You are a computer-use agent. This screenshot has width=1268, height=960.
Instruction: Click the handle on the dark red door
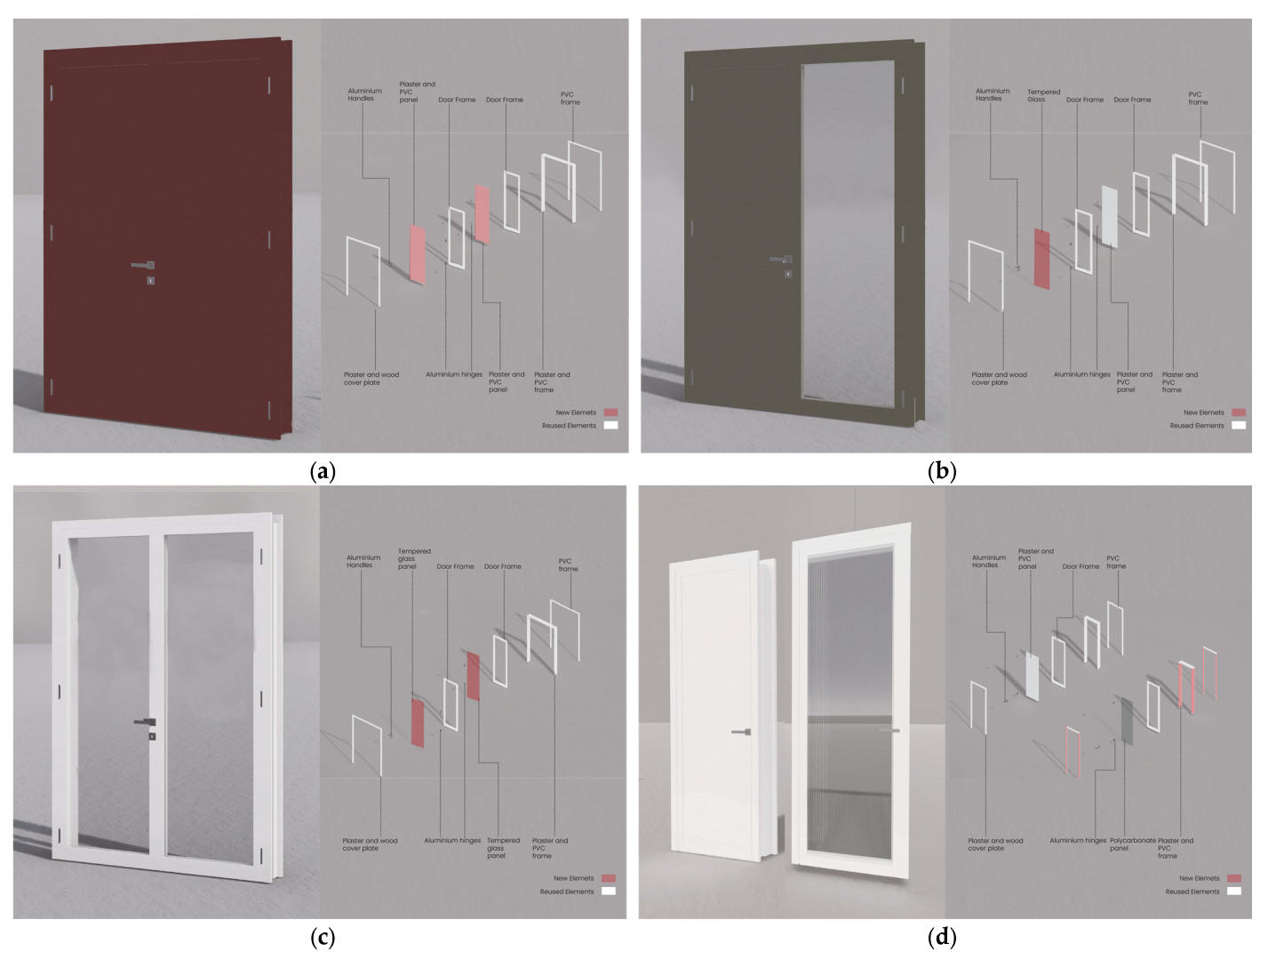(143, 265)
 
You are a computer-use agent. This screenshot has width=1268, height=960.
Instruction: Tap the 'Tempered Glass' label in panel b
(1043, 95)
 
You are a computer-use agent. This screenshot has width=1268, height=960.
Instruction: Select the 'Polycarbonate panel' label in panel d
(1132, 844)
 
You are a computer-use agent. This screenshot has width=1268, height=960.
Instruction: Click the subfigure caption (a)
(322, 471)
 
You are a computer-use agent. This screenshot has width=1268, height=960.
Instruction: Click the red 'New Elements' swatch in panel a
(610, 412)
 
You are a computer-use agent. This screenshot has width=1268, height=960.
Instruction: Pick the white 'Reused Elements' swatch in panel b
(1238, 426)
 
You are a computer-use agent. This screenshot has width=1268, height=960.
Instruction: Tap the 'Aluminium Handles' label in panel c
(363, 561)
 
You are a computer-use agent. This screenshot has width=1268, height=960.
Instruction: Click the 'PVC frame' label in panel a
(570, 98)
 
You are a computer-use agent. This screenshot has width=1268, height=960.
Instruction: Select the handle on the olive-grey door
(781, 260)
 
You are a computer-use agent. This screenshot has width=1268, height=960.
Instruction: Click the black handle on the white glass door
(146, 722)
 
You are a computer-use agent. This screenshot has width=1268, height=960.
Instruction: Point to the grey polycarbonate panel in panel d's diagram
(1127, 721)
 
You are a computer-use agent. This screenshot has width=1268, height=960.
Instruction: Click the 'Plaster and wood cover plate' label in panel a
(371, 379)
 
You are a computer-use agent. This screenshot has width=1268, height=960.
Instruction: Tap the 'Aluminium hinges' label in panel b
(1081, 375)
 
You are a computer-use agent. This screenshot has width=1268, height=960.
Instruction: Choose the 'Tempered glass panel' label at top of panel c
(413, 558)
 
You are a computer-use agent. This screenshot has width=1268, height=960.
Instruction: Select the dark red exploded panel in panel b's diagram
(1041, 259)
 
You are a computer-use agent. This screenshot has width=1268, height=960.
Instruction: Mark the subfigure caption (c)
(322, 937)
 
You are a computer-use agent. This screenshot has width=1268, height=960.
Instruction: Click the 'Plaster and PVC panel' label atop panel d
(1035, 558)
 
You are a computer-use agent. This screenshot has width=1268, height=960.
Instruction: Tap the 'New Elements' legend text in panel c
(573, 878)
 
